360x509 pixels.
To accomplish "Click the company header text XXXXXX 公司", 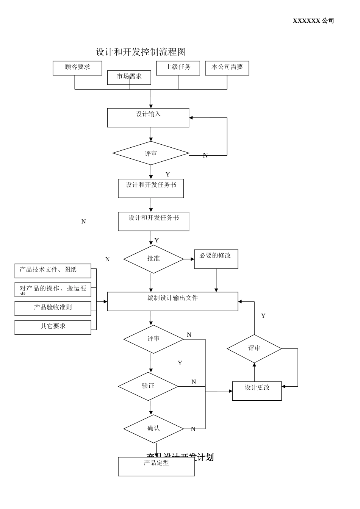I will coord(313,21).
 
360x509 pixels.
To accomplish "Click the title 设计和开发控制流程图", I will coord(141,52).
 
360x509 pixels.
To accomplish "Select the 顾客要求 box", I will coord(77,68).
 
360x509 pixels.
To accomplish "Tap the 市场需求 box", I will coord(129,77).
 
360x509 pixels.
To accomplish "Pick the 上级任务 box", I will coord(178,68).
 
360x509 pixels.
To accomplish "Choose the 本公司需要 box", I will coord(227,68).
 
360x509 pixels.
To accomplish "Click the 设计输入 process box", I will coord(148,117).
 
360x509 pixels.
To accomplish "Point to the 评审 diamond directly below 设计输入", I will coord(151,153).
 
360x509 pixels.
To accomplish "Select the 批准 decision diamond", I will coord(153,259).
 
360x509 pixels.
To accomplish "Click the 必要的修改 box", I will coord(216,259).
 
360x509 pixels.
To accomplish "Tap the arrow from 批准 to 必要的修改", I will coord(189,259).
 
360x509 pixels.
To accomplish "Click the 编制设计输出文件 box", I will coord(172,301).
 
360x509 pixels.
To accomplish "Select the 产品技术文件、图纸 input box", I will coord(53,271).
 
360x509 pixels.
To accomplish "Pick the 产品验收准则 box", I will coord(53,308).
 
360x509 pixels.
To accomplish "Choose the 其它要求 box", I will coord(53,327).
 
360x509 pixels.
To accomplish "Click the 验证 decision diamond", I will coord(148,386).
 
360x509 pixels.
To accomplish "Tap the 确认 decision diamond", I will coord(153,429).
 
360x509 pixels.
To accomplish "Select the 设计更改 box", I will coord(257,391).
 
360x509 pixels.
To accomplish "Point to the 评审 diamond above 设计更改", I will coord(254,348).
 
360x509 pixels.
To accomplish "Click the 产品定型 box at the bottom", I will coord(156,466).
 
